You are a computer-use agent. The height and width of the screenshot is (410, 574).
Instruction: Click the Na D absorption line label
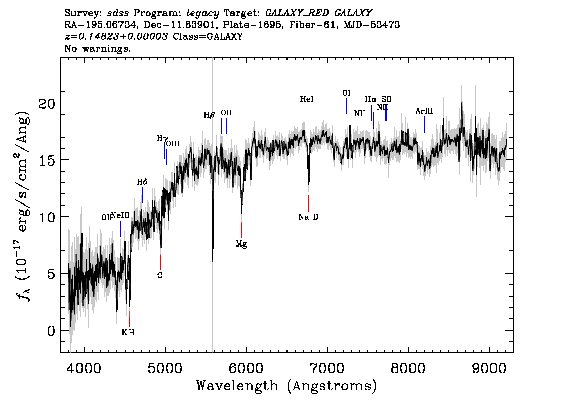pos(308,217)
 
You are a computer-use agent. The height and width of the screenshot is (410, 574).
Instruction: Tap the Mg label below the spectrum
pos(241,244)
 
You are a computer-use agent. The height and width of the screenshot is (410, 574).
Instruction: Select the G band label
pos(160,276)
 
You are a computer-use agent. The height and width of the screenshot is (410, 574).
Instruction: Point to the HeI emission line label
pos(307,99)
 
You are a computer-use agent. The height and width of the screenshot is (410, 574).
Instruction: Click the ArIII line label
pos(424,111)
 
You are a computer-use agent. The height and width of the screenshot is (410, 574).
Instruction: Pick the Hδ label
pos(142,182)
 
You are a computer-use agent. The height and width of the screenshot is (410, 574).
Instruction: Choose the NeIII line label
pos(120,215)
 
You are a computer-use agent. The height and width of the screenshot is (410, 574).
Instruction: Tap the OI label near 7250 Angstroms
pos(346,93)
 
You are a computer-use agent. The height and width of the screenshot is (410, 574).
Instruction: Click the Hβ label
pos(209,115)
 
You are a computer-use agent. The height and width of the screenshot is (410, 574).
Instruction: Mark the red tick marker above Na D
pos(309,203)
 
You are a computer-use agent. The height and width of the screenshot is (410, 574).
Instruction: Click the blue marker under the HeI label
pos(307,112)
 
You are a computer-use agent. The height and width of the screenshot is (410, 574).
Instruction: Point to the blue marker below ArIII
pos(424,125)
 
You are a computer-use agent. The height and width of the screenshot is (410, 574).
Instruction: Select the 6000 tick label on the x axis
pos(246,368)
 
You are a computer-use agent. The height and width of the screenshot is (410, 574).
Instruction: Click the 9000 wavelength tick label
pos(489,368)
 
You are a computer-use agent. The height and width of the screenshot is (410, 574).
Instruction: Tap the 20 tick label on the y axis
pos(47,104)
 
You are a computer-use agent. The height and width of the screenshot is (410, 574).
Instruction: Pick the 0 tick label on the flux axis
pos(51,331)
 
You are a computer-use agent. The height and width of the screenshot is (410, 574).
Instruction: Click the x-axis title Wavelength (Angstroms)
pos(286,386)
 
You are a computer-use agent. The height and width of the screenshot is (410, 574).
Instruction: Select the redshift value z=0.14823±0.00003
pos(116,36)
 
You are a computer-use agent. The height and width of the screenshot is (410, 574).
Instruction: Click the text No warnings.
pos(97,48)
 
